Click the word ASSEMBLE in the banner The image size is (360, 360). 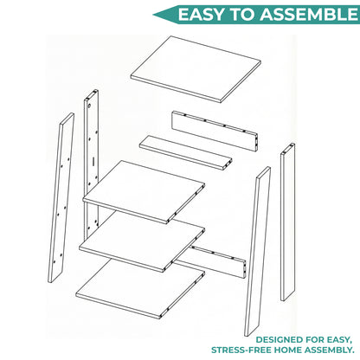pyautogui.click(x=309, y=15)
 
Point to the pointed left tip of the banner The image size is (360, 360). pyautogui.click(x=153, y=15)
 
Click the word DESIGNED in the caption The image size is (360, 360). pyautogui.click(x=274, y=340)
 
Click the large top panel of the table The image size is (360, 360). pyautogui.click(x=196, y=69)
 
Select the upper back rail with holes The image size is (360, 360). pyautogui.click(x=215, y=131)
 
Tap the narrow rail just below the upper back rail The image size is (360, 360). pyautogui.click(x=186, y=152)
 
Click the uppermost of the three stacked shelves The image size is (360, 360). pyautogui.click(x=144, y=192)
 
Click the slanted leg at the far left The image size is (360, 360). pyautogui.click(x=61, y=197)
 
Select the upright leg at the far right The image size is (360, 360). pyautogui.click(x=288, y=222)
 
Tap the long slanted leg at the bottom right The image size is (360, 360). pyautogui.click(x=258, y=251)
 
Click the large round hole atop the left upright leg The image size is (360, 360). pyautogui.click(x=89, y=106)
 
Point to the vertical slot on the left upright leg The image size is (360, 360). pyautogui.click(x=93, y=161)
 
